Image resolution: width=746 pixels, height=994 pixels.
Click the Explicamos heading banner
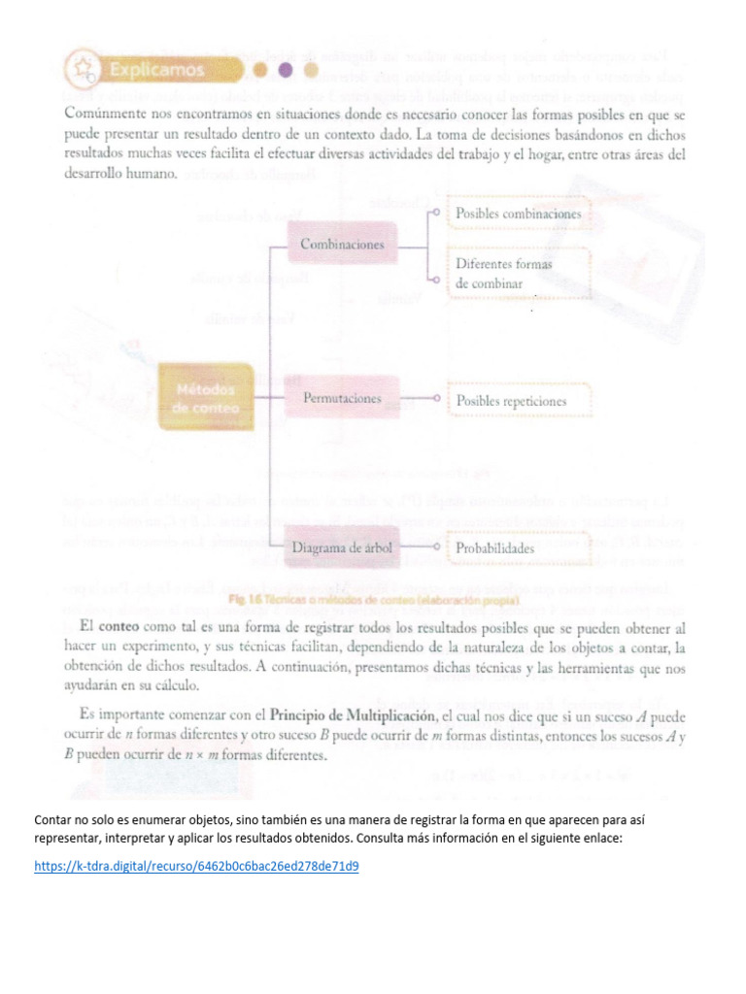pyautogui.click(x=155, y=70)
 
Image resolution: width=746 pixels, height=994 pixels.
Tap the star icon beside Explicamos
pyautogui.click(x=85, y=70)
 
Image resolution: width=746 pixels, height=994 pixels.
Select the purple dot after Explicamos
pyautogui.click(x=284, y=70)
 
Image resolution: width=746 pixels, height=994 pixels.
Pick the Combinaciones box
pyautogui.click(x=342, y=246)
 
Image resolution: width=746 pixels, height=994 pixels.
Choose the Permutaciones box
pyautogui.click(x=341, y=399)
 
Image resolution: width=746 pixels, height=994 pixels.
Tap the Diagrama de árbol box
pyautogui.click(x=342, y=548)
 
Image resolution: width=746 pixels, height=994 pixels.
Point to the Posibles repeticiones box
pyautogui.click(x=511, y=400)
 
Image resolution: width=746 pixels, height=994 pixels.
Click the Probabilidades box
pyautogui.click(x=494, y=548)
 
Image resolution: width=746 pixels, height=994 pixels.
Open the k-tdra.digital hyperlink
pyautogui.click(x=195, y=865)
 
